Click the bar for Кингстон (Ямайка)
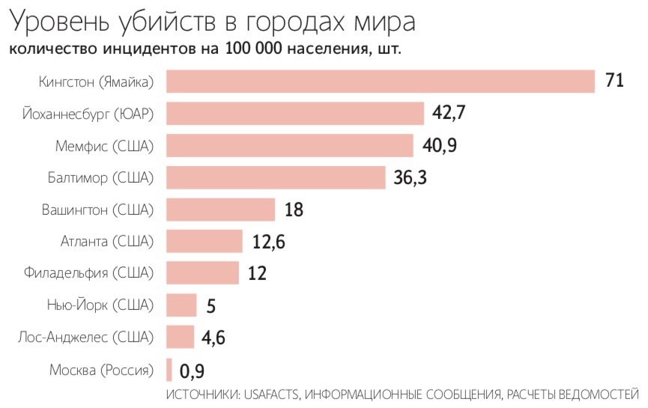tap(380, 81)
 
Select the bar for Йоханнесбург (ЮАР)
tap(294, 113)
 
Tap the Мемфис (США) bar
tap(289, 145)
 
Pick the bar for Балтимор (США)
tap(275, 177)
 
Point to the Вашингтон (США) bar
tap(220, 209)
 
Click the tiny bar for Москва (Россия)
tap(169, 370)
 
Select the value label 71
tap(614, 81)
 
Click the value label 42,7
tap(449, 113)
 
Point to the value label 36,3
tap(411, 177)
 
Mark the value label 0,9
tap(192, 370)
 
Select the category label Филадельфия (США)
tap(88, 272)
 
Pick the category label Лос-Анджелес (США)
tap(85, 337)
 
